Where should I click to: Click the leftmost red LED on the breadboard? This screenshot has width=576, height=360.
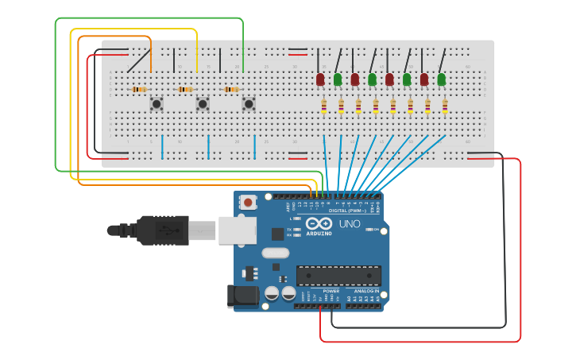coord(320,79)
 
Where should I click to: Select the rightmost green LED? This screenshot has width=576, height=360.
coord(442,79)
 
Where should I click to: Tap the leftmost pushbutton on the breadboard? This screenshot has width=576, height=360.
coord(157,103)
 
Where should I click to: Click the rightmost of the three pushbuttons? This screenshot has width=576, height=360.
coord(249,103)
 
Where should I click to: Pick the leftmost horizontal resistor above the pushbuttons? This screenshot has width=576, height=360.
coord(139,90)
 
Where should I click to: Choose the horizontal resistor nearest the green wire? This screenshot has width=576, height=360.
coord(231,90)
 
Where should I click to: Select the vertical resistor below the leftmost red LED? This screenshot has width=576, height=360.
coord(323,106)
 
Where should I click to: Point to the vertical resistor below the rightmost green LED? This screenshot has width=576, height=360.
coord(445,106)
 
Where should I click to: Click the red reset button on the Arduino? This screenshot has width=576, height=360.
coord(249,203)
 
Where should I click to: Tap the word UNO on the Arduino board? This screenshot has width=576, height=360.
coord(350,224)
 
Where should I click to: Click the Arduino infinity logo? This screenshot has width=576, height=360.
coord(319,224)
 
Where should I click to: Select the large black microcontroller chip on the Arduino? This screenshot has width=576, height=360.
coord(338,276)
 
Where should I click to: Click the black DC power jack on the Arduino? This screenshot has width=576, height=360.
coord(242,296)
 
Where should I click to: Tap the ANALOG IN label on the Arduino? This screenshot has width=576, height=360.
coord(365,291)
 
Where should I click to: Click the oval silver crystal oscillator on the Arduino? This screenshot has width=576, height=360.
coord(275,254)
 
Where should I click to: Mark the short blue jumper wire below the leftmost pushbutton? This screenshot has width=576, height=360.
coord(162,146)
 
